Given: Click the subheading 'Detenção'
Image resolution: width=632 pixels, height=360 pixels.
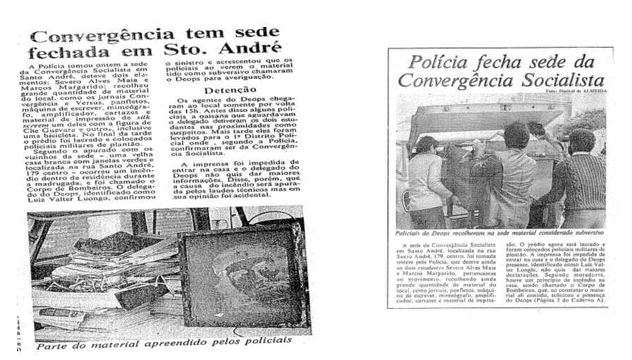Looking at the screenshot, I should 225,91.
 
